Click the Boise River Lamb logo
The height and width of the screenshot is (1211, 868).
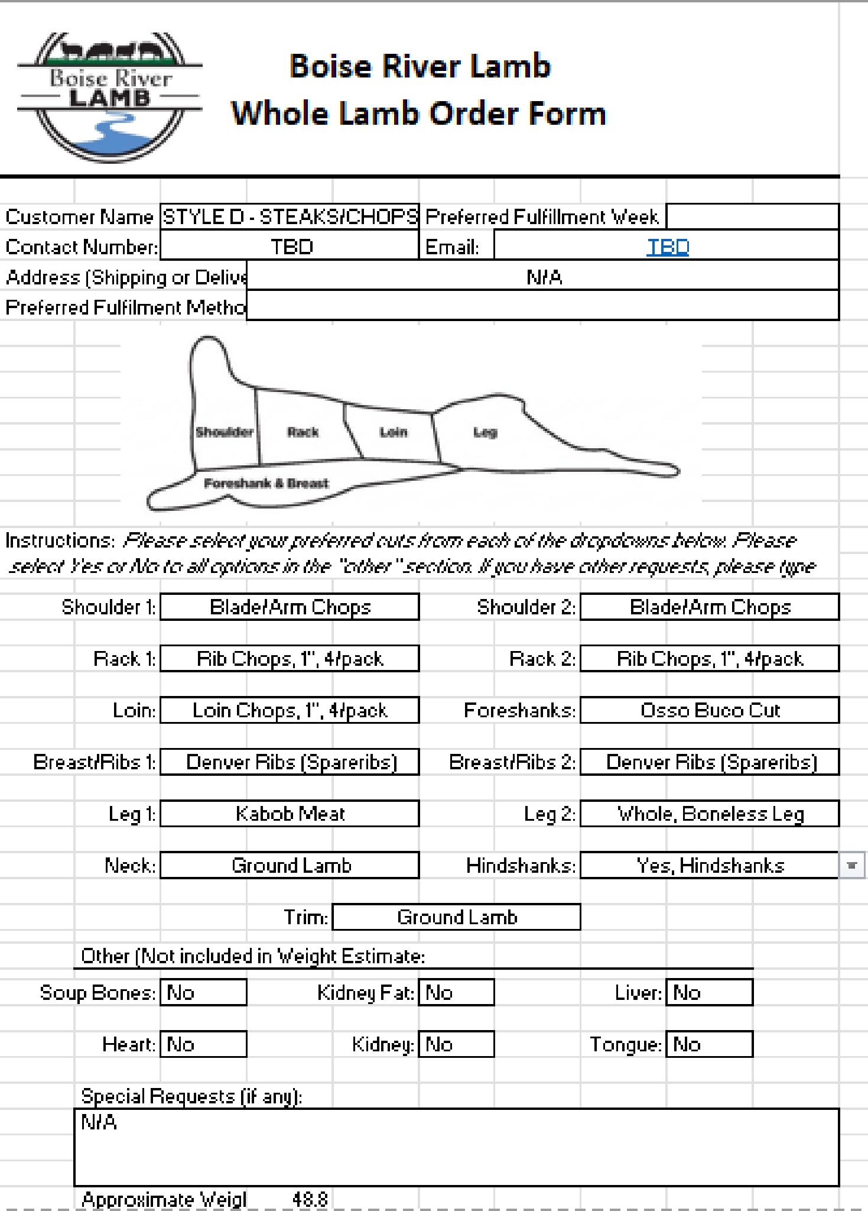point(110,97)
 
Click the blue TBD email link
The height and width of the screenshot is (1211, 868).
point(668,247)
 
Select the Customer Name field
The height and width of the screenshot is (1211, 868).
point(290,217)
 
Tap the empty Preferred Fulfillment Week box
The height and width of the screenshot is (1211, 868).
point(752,217)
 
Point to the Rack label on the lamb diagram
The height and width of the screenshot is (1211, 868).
point(303,432)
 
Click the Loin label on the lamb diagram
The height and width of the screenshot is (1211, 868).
point(394,432)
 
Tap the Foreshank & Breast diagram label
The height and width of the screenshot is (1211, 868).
point(266,484)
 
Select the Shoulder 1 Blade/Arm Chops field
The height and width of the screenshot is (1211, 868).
point(290,607)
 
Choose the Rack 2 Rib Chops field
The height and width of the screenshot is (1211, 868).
point(709,659)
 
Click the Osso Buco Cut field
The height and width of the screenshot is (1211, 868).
point(709,710)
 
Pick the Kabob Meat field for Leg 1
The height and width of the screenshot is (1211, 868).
point(290,814)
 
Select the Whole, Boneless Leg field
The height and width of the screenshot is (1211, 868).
point(709,814)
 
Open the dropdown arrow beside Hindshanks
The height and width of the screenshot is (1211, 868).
point(851,866)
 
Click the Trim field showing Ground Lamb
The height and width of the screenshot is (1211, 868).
point(456,917)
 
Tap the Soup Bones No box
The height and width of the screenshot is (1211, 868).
point(203,993)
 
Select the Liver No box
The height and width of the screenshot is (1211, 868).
point(709,993)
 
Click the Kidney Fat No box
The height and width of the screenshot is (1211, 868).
point(456,993)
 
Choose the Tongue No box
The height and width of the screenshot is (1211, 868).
point(709,1045)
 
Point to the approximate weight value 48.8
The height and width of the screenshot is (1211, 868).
point(310,1199)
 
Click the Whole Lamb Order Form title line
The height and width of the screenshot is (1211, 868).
point(418,114)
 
